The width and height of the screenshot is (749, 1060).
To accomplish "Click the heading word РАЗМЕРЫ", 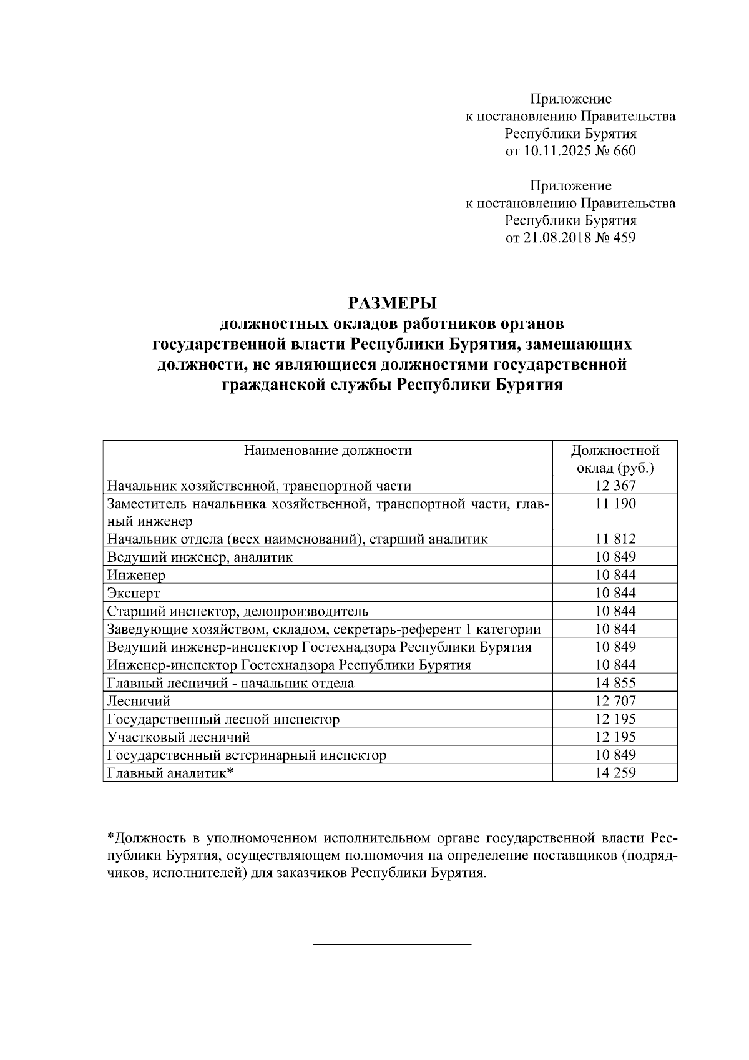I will pyautogui.click(x=391, y=303).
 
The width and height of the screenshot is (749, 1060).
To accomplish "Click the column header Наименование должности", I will pyautogui.click(x=328, y=450).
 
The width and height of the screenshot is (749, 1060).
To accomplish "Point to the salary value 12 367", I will pyautogui.click(x=615, y=486).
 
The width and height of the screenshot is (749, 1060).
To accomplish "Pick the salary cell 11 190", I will pyautogui.click(x=615, y=504).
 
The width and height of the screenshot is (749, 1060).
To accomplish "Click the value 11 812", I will pyautogui.click(x=615, y=539).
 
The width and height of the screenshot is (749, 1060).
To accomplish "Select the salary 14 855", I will pyautogui.click(x=615, y=683).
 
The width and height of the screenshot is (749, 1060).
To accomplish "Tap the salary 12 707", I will pyautogui.click(x=615, y=701).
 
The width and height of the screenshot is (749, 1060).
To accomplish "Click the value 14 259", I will pyautogui.click(x=615, y=773).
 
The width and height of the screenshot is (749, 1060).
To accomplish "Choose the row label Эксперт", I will pyautogui.click(x=134, y=593).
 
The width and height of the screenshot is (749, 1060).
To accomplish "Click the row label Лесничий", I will pyautogui.click(x=139, y=701).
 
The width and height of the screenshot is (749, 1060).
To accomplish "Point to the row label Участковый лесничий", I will pyautogui.click(x=179, y=737).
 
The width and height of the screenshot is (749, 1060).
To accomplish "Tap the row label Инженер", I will pyautogui.click(x=136, y=575).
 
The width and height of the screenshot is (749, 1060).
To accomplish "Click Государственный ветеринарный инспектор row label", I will pyautogui.click(x=247, y=755).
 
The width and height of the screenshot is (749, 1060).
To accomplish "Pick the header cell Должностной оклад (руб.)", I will pyautogui.click(x=615, y=459).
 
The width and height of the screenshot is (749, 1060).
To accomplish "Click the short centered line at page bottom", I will pyautogui.click(x=391, y=945).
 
